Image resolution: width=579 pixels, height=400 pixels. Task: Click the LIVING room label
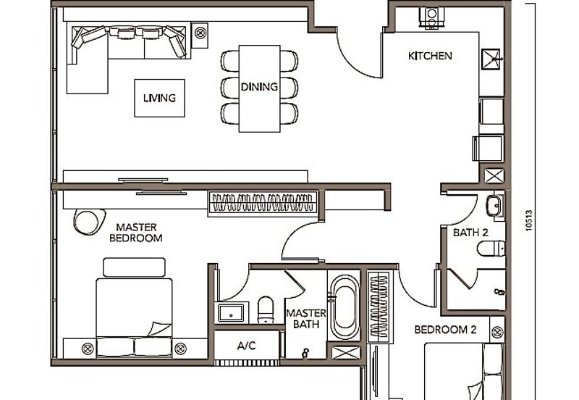pos(159,98)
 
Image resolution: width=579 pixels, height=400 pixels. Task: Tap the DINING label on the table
pos(259,87)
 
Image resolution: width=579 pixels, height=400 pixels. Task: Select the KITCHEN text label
pos(430,56)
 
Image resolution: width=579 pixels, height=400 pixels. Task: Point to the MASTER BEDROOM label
pos(136,232)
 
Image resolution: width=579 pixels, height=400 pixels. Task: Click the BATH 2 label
pos(470,233)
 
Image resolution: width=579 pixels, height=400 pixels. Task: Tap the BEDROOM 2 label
pos(445,330)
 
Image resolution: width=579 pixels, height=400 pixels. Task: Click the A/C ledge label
pos(247,346)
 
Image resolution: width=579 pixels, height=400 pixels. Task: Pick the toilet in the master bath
pos(266,309)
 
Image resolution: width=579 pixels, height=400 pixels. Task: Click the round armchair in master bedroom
pos(88,221)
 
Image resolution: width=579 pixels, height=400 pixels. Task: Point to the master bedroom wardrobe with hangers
pos(263,202)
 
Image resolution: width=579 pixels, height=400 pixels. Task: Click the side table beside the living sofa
pos(200,32)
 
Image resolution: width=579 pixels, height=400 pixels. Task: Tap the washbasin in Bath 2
pos(494,207)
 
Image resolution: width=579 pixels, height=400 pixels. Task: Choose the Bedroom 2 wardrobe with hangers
pos(378,306)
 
